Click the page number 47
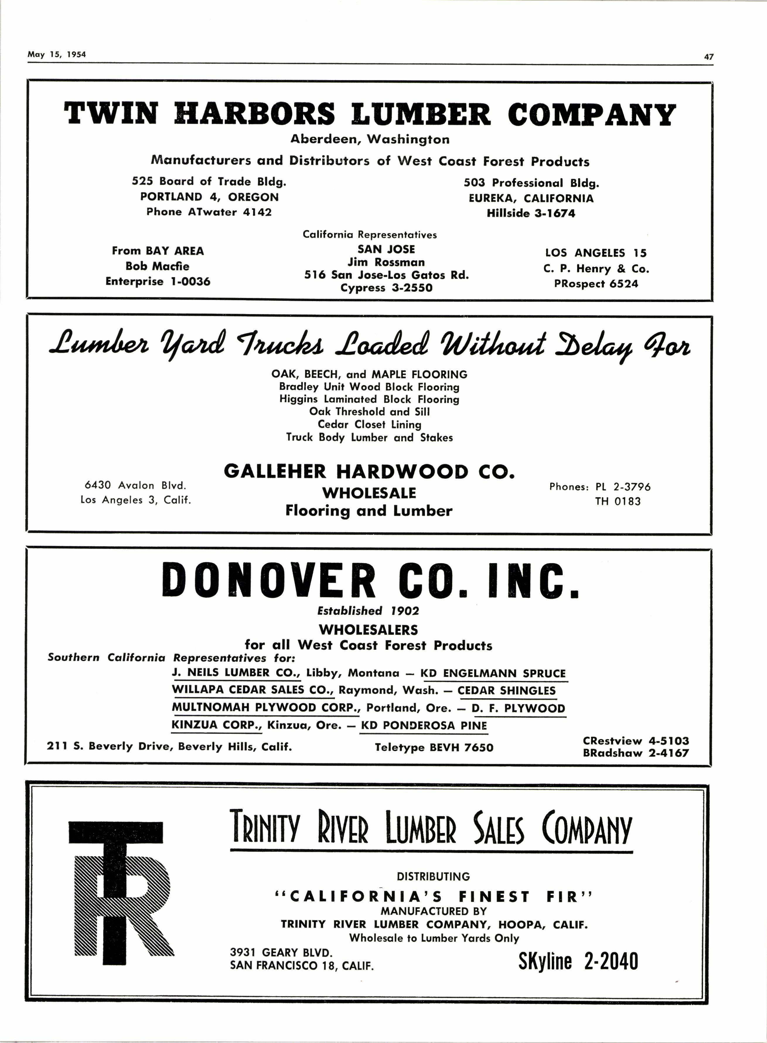pos(708,57)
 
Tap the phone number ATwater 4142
pos(209,212)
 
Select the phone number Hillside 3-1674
pos(531,214)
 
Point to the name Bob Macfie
pos(157,266)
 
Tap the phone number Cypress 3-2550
pos(386,288)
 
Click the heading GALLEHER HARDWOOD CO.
pos(369,472)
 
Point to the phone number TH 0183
pos(618,502)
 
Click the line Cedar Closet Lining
pos(369,424)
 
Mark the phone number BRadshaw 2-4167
pos(636,753)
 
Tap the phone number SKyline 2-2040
pos(578,961)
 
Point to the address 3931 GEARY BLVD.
pos(281,952)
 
